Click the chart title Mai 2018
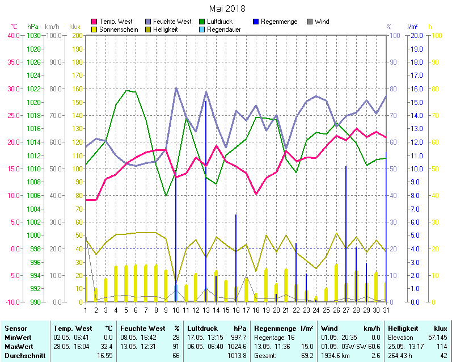(227, 9)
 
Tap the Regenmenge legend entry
(278, 22)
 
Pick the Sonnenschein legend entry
(119, 29)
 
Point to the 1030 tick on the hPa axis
(33, 35)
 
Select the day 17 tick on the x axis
(246, 310)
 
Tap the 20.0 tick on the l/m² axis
(417, 35)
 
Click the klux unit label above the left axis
(75, 26)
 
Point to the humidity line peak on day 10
(176, 88)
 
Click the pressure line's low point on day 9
(166, 196)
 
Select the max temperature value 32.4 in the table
(106, 346)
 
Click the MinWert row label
(18, 337)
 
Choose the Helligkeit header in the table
(403, 328)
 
